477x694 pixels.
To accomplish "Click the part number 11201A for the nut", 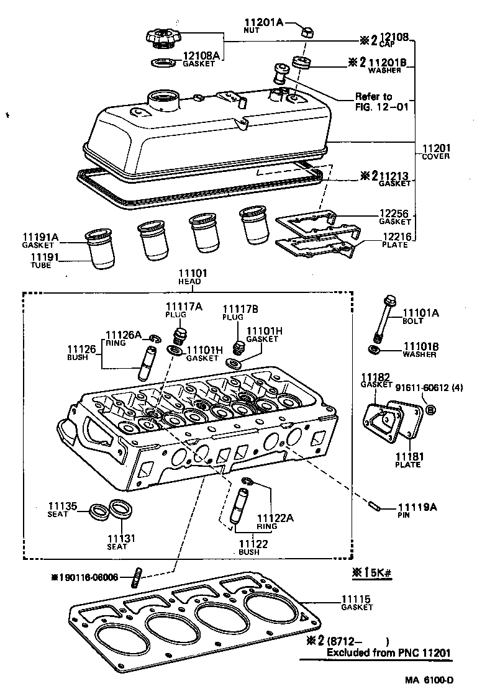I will (x=263, y=23).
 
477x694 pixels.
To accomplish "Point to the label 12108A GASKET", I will (x=201, y=58).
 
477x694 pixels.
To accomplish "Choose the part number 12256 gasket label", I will (x=394, y=217).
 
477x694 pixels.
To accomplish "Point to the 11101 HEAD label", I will (x=193, y=276).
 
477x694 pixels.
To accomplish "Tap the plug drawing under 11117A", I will (x=181, y=338).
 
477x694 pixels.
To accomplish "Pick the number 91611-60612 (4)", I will (x=435, y=388).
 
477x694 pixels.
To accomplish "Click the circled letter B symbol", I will (x=430, y=410).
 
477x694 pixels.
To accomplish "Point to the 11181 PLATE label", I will (x=410, y=460).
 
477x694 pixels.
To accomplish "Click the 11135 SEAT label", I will (x=63, y=510).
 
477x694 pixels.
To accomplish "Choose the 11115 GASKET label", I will (x=357, y=602).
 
